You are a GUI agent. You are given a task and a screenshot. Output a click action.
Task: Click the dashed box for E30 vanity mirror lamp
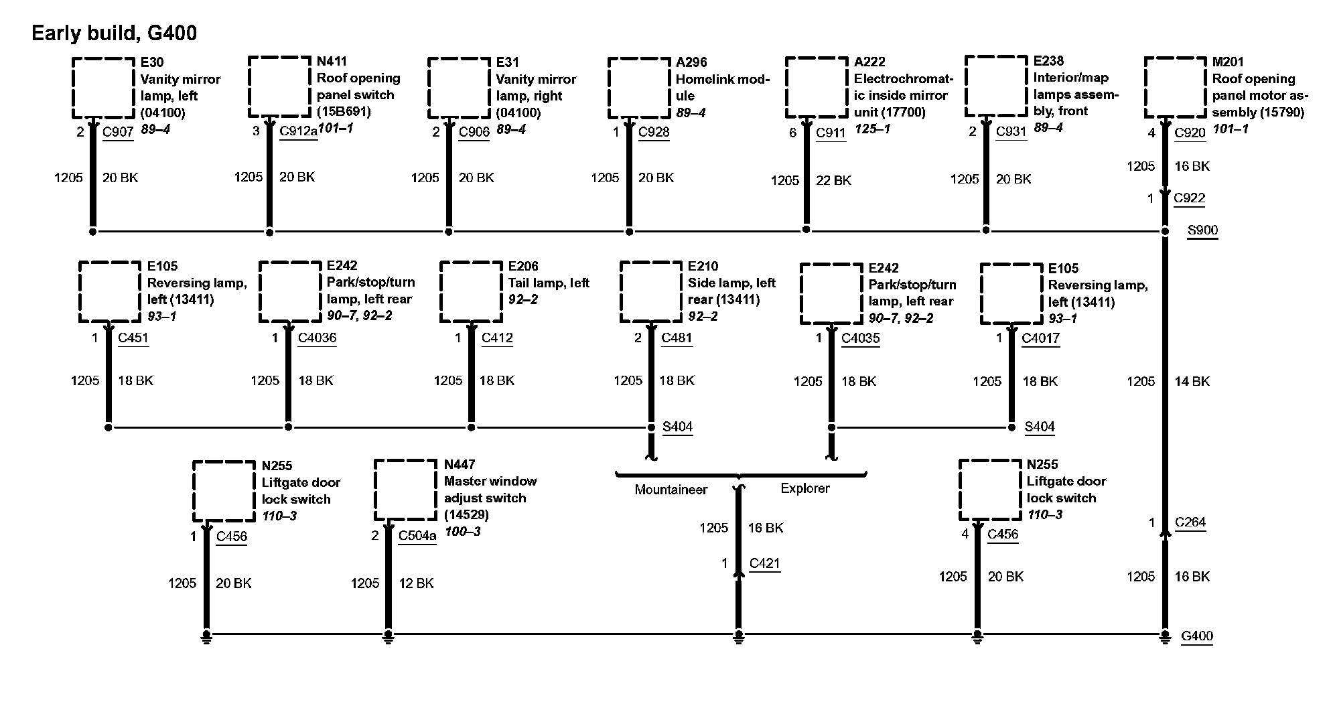pyautogui.click(x=103, y=88)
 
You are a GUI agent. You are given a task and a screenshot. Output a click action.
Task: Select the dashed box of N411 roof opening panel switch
pyautogui.click(x=280, y=87)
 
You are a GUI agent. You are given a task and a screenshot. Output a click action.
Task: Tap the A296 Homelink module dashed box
pyautogui.click(x=639, y=88)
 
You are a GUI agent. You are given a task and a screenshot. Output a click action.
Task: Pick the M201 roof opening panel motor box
pyautogui.click(x=1176, y=88)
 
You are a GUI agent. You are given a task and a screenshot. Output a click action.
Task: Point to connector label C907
pyautogui.click(x=118, y=132)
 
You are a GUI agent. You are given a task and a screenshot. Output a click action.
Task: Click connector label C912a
pyautogui.click(x=298, y=131)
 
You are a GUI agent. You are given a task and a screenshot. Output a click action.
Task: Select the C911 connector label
pyautogui.click(x=831, y=133)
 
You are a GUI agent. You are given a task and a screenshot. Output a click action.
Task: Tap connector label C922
pyautogui.click(x=1190, y=198)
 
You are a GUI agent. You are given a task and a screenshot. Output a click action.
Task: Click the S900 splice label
pyautogui.click(x=1202, y=230)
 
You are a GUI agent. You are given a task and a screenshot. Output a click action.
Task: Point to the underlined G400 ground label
pyautogui.click(x=1197, y=636)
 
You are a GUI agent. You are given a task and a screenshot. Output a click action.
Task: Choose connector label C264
pyautogui.click(x=1190, y=522)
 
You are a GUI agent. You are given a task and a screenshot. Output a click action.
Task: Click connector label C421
pyautogui.click(x=765, y=563)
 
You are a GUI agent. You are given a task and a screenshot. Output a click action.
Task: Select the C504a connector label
pyautogui.click(x=417, y=536)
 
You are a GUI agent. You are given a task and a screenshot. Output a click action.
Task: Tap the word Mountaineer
pyautogui.click(x=671, y=490)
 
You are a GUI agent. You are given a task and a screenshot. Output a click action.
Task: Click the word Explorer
pyautogui.click(x=804, y=488)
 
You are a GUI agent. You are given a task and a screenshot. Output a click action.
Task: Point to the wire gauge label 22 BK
pyautogui.click(x=833, y=180)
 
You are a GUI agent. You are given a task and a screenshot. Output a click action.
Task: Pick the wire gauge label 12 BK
pyautogui.click(x=416, y=583)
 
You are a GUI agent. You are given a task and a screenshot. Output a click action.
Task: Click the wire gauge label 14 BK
pyautogui.click(x=1192, y=381)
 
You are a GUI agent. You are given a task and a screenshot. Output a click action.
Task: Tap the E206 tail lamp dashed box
pyautogui.click(x=471, y=292)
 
